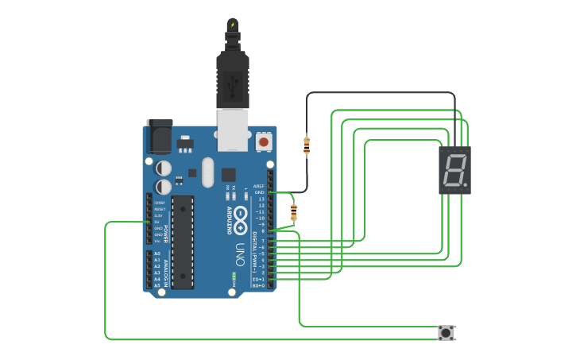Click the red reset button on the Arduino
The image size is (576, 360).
coord(263,142)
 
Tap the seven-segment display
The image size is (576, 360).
coord(454,170)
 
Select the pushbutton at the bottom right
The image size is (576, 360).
coord(446,332)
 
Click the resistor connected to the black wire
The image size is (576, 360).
coord(307,145)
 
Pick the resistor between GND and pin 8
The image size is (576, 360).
coord(293,212)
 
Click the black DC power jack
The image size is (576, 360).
coord(159,136)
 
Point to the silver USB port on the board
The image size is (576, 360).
coord(233,129)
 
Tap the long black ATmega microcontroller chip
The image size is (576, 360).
coord(183,242)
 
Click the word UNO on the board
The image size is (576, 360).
coord(239,254)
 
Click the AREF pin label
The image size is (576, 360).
coord(259,186)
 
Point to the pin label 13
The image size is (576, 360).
coord(261,199)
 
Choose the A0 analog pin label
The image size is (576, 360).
coord(157,254)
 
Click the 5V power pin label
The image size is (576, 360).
coord(157,222)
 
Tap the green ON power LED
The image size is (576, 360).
coord(234,277)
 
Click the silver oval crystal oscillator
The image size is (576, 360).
coord(208,172)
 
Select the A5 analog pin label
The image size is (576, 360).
coord(157,285)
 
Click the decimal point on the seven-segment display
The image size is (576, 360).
coord(466,187)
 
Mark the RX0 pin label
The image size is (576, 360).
coord(259,285)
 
